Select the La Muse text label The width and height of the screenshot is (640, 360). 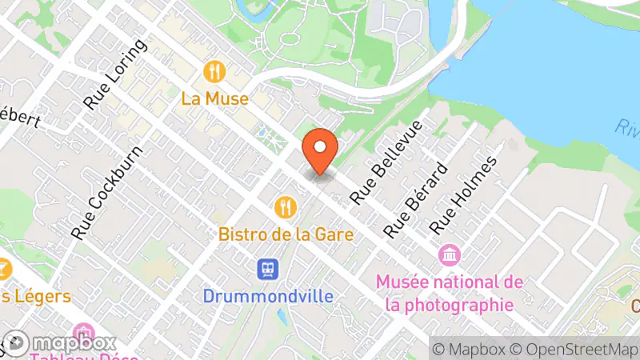[214, 99]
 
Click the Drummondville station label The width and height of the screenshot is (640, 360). [267, 296]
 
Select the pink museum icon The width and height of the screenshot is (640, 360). [450, 256]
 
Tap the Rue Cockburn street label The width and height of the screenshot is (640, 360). [107, 192]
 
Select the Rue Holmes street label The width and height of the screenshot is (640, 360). [463, 194]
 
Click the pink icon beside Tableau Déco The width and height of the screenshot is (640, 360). [83, 332]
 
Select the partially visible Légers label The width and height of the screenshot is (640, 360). [35, 296]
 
